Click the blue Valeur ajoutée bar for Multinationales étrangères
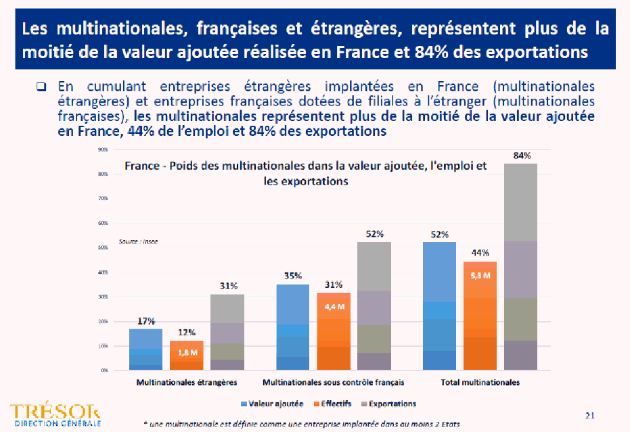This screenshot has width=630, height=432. tap(145, 350)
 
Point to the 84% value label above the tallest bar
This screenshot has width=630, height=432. tap(522, 155)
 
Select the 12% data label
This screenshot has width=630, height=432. tap(186, 333)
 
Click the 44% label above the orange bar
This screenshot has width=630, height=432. tap(480, 253)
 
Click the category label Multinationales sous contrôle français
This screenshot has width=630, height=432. tap(333, 383)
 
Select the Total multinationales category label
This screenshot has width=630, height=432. tap(480, 383)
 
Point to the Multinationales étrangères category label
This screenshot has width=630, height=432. tap(186, 383)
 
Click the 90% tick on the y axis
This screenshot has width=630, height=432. tap(104, 149)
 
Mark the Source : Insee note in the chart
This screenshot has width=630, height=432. tap(138, 241)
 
